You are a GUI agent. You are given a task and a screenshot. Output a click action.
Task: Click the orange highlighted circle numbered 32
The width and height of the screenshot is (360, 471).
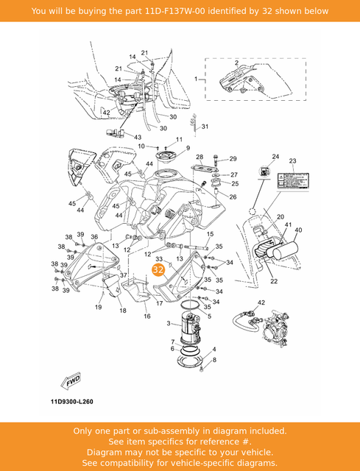click(158, 270)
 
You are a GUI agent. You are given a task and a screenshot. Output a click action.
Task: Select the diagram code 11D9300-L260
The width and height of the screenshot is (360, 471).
click(72, 402)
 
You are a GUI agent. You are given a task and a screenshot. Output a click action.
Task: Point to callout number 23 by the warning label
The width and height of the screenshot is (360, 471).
click(292, 160)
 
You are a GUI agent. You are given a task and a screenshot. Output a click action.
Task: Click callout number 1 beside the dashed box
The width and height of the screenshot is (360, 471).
click(196, 78)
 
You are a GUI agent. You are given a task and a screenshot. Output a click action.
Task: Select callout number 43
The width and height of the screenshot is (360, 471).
click(138, 137)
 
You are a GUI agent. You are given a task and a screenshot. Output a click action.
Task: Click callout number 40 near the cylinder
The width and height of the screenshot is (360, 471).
click(298, 230)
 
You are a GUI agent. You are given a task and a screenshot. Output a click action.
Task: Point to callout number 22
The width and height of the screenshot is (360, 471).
click(273, 281)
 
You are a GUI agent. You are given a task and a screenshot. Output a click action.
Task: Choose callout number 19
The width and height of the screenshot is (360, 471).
click(98, 307)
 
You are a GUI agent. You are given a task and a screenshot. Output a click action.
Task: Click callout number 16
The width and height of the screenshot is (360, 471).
click(147, 316)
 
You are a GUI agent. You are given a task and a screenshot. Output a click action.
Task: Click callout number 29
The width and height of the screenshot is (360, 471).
click(233, 159)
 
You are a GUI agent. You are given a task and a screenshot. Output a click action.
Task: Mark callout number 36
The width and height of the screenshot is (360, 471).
click(94, 236)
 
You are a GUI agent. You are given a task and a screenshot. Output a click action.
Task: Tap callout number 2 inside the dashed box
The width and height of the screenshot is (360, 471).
click(236, 63)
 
